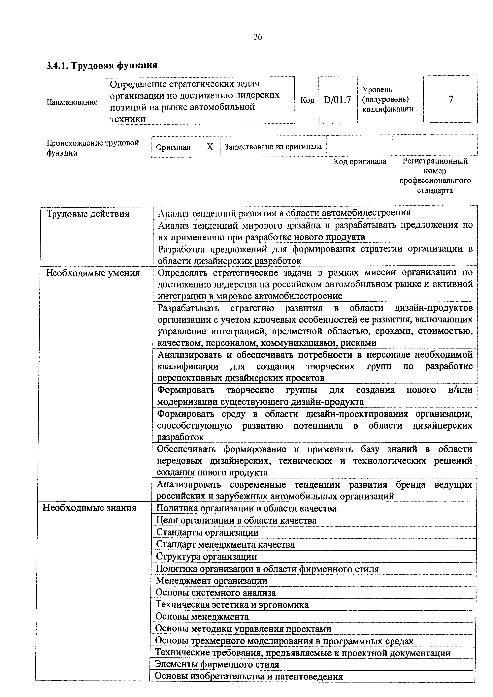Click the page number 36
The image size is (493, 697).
[x=258, y=37]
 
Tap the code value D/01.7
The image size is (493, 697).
[x=338, y=100]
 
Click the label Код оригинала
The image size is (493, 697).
[x=360, y=161]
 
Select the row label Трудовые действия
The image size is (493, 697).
[x=88, y=214]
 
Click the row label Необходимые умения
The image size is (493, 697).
[x=93, y=273]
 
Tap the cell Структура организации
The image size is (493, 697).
[x=206, y=557]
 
